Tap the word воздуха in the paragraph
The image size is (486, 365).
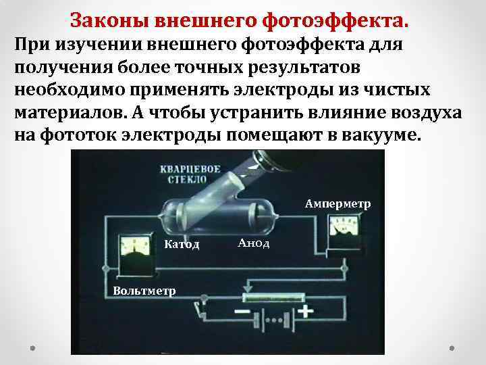422,112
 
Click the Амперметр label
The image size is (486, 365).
337,203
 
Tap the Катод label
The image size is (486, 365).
182,243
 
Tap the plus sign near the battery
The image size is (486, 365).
307,312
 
